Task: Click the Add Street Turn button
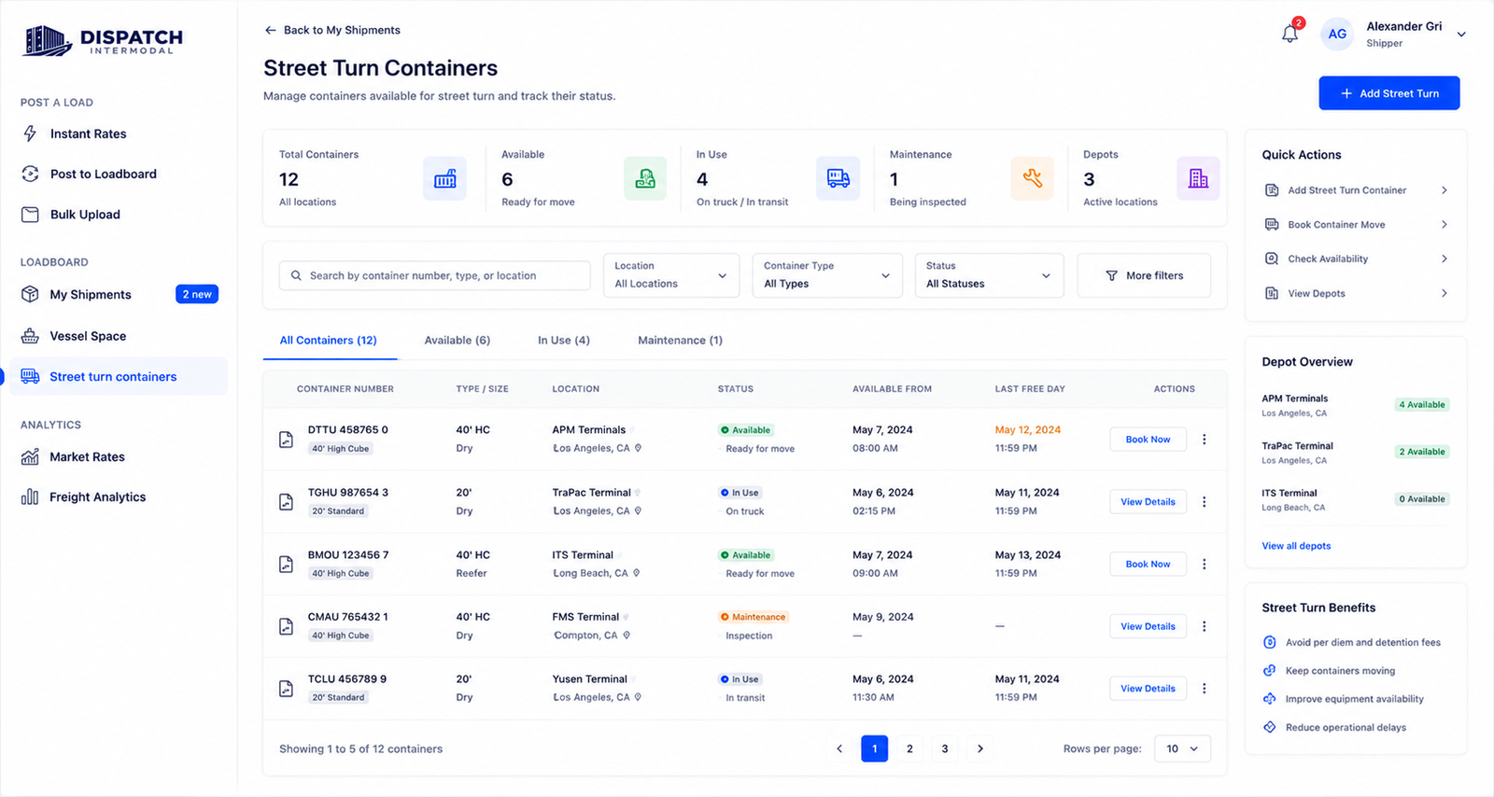(x=1388, y=93)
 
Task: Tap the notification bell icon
(x=1290, y=34)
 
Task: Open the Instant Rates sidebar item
(x=88, y=133)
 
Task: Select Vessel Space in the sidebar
(x=88, y=336)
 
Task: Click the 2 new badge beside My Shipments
(x=197, y=294)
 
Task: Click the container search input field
(x=434, y=275)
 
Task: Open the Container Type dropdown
(x=827, y=275)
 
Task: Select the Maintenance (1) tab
(x=680, y=340)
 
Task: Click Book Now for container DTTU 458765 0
(x=1148, y=440)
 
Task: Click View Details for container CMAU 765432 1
(x=1148, y=626)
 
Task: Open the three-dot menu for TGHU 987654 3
(x=1204, y=502)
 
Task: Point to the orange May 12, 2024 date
(x=1028, y=430)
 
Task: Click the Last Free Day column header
(x=1030, y=388)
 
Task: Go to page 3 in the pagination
(x=944, y=748)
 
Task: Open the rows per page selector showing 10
(x=1182, y=748)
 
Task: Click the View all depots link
(x=1296, y=546)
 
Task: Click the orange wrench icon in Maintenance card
(x=1032, y=178)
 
